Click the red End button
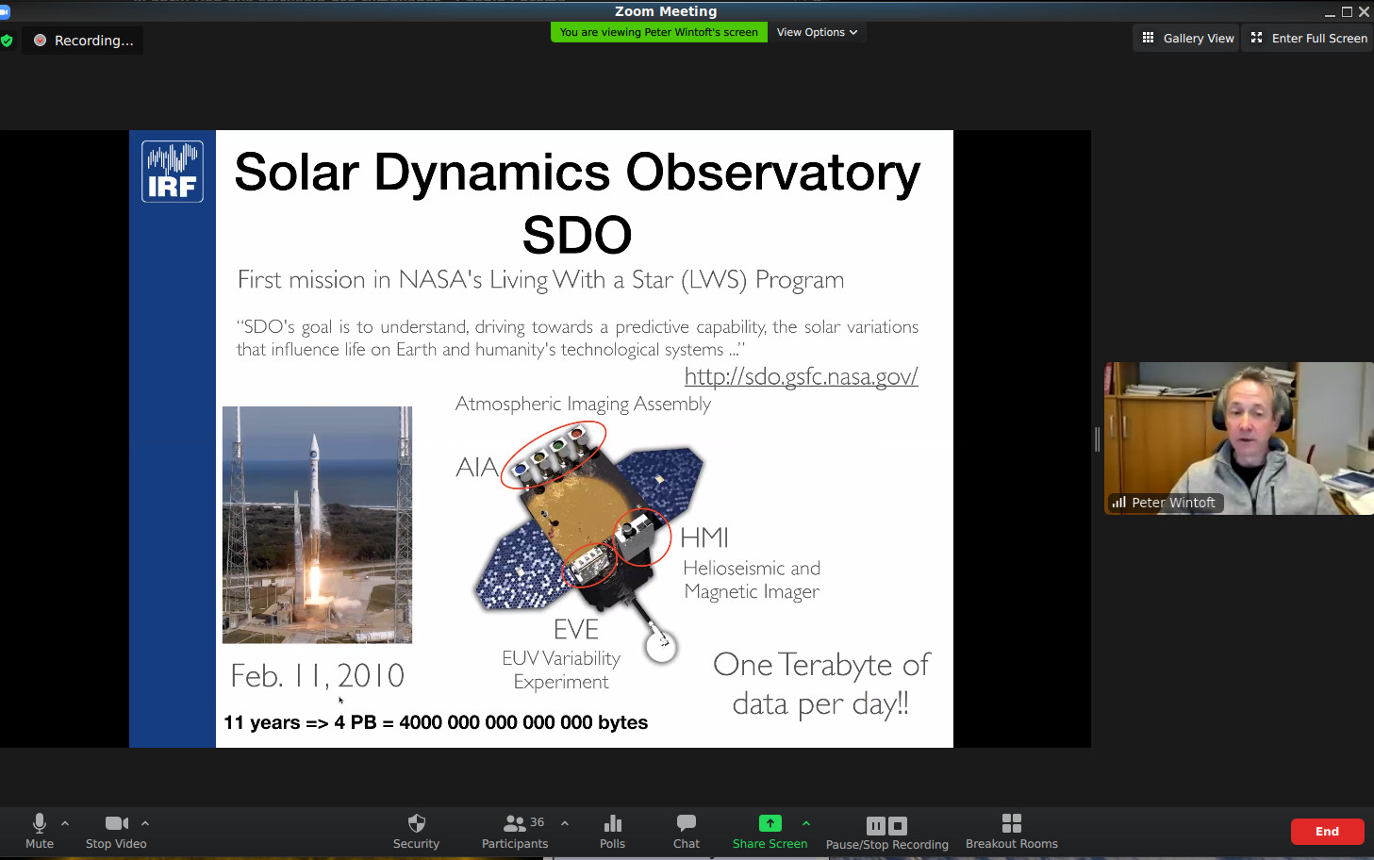1327,831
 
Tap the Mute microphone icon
40,823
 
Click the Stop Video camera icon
117,823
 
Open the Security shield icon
417,822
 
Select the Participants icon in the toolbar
514,823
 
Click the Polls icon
612,823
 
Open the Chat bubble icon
687,822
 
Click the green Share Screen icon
770,823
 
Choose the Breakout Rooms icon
1012,823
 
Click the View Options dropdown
817,32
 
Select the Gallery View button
1187,38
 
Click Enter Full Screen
1309,38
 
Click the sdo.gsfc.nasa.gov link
801,376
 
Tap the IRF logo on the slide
173,171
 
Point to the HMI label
704,537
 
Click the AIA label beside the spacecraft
476,468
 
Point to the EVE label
575,629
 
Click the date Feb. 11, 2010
317,676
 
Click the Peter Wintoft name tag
1165,503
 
